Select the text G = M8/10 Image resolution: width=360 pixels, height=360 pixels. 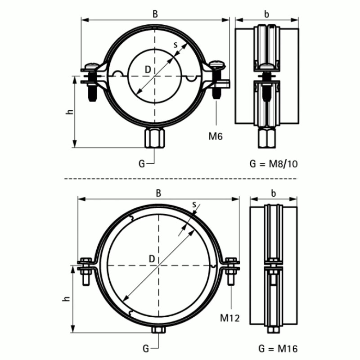pos(273,163)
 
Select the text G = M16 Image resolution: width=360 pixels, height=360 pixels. pos(278,348)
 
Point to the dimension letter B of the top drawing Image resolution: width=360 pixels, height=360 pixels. pos(155,14)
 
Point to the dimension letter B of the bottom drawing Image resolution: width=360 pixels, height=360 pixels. pos(158,193)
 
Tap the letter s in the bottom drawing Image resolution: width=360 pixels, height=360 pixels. pos(194,205)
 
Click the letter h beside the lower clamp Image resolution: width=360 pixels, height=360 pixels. pos(66,299)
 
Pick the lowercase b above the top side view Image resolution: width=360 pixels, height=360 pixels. pos(267,14)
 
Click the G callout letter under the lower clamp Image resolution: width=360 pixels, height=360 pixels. pos(145,348)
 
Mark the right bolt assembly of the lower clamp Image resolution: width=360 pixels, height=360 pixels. pos(231,270)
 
